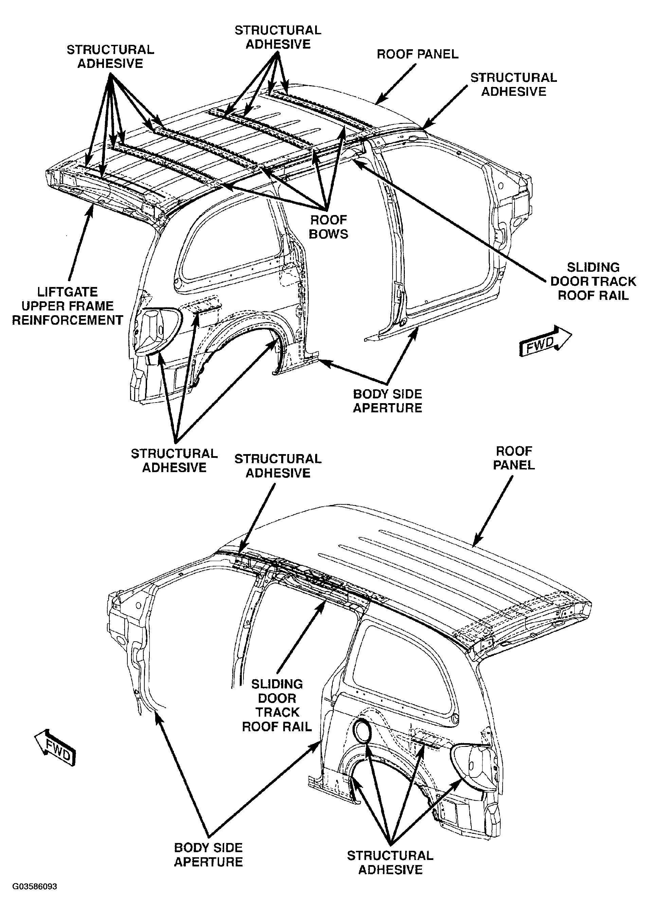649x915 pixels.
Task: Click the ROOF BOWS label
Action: click(328, 227)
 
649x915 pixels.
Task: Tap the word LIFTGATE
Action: click(68, 292)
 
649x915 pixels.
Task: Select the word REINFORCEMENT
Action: click(68, 320)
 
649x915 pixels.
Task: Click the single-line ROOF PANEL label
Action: click(418, 54)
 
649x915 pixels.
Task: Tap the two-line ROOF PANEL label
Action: click(514, 458)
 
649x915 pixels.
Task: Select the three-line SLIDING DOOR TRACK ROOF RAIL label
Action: click(593, 281)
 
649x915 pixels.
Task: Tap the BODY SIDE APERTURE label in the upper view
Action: click(387, 401)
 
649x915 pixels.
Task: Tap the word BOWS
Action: click(328, 234)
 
